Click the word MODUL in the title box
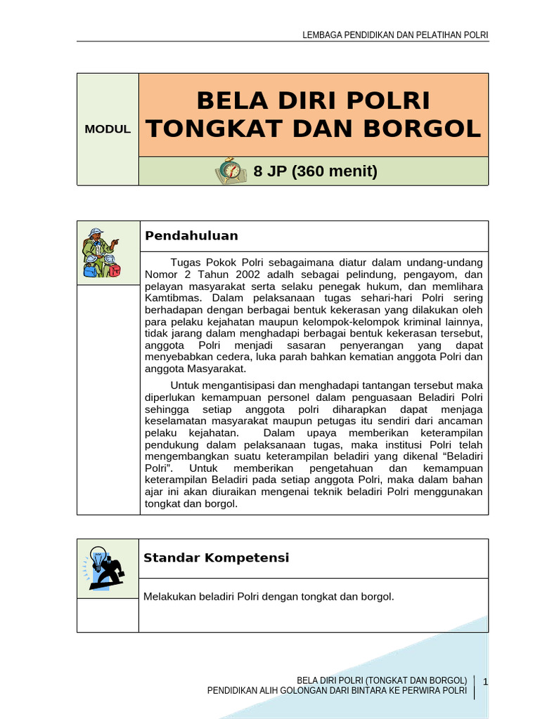(108, 129)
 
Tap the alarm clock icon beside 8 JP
(230, 171)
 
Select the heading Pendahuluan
(191, 236)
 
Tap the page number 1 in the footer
(486, 681)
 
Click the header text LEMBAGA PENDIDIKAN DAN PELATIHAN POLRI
(394, 35)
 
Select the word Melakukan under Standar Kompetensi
(169, 597)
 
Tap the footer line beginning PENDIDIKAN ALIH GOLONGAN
(337, 691)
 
